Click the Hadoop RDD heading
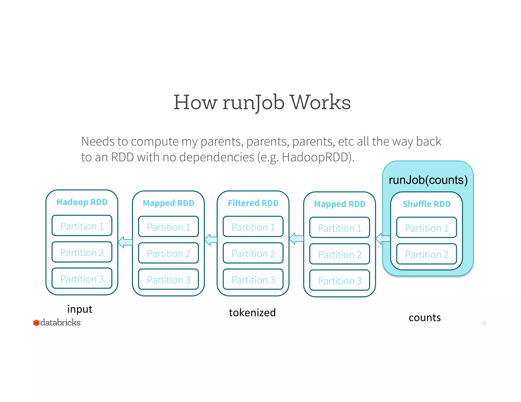pyautogui.click(x=82, y=202)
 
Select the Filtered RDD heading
pyautogui.click(x=253, y=203)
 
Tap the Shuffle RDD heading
pyautogui.click(x=427, y=204)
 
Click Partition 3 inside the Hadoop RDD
pyautogui.click(x=82, y=279)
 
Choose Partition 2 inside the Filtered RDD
pyautogui.click(x=253, y=254)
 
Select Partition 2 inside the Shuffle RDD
pyautogui.click(x=427, y=255)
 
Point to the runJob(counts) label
pyautogui.click(x=428, y=180)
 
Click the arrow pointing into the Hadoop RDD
pyautogui.click(x=125, y=242)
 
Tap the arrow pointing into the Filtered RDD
pyautogui.click(x=296, y=239)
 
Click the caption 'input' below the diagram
pyautogui.click(x=80, y=309)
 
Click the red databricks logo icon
pyautogui.click(x=36, y=323)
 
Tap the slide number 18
pyautogui.click(x=483, y=323)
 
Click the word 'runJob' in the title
pyautogui.click(x=253, y=103)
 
